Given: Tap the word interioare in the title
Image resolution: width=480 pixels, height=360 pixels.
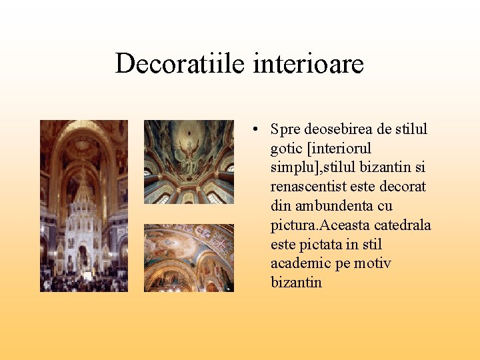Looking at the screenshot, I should click(x=309, y=64).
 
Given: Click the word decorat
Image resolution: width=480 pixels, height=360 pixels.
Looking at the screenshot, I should click(x=403, y=187).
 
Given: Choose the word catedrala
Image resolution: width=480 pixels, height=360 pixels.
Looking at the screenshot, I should click(x=401, y=225).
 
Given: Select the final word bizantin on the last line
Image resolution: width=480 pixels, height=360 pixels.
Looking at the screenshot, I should click(x=296, y=283).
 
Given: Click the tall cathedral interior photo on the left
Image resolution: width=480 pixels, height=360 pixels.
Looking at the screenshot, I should click(x=83, y=205).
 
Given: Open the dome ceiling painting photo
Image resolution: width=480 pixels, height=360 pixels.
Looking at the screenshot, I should click(x=189, y=161).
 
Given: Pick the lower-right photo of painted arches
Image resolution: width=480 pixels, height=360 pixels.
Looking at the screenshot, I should click(x=189, y=257).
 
